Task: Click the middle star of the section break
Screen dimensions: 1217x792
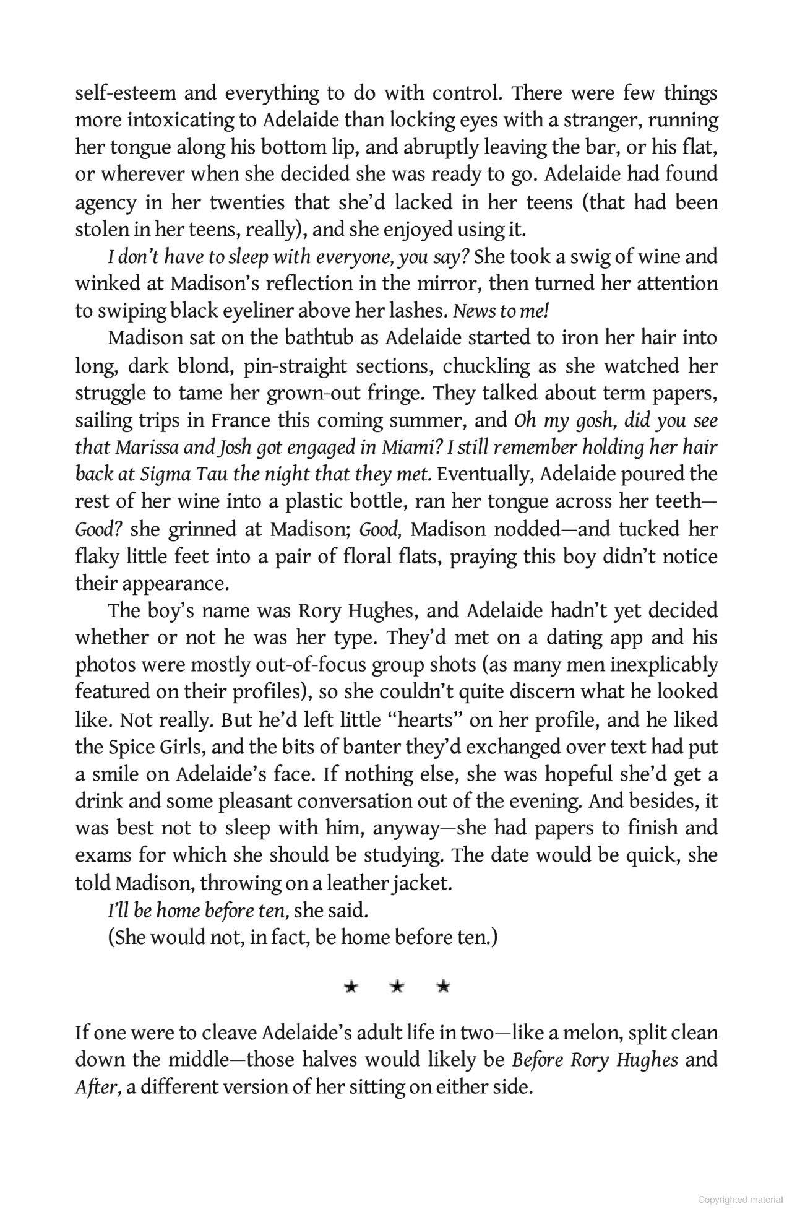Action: coord(397,987)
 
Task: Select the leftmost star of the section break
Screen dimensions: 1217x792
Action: coord(351,987)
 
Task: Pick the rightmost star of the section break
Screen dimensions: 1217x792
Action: coord(443,987)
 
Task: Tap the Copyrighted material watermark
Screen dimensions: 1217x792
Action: coord(740,1199)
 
